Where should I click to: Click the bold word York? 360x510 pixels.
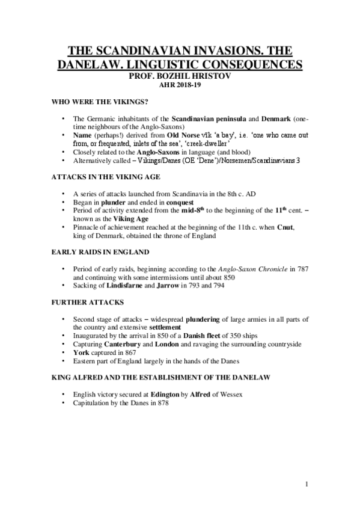pos(80,352)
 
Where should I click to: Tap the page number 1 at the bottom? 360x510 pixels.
pos(306,484)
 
